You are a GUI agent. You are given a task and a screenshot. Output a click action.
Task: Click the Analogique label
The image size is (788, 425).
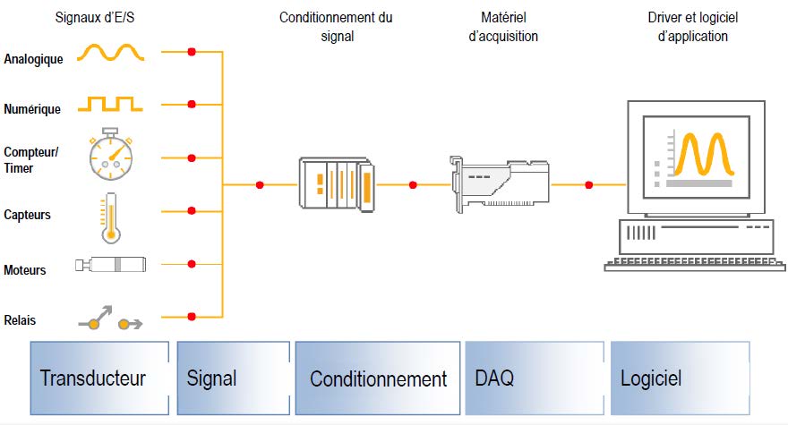point(33,60)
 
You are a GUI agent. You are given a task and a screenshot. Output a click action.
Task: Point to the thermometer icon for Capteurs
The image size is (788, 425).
point(111,217)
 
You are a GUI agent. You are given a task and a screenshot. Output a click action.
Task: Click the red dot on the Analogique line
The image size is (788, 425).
point(191,52)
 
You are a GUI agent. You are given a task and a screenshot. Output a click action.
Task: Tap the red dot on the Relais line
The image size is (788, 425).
point(191,316)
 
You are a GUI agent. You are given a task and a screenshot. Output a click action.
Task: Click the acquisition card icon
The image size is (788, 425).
point(499,183)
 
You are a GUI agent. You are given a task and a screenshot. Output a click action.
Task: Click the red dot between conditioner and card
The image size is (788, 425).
point(413,185)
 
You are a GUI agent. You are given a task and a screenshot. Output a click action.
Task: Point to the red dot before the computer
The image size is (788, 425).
point(588,185)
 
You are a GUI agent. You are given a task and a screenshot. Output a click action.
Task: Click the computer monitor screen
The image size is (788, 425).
point(696,154)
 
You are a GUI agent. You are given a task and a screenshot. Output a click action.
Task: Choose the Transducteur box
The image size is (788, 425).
point(99,378)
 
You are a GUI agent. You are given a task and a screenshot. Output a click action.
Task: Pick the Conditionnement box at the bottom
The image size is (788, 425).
point(378,378)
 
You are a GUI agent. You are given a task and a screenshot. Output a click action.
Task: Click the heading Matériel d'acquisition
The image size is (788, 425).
point(503,27)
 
